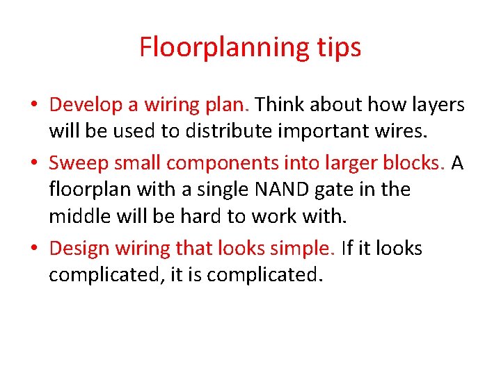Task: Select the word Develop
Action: click(86, 105)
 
